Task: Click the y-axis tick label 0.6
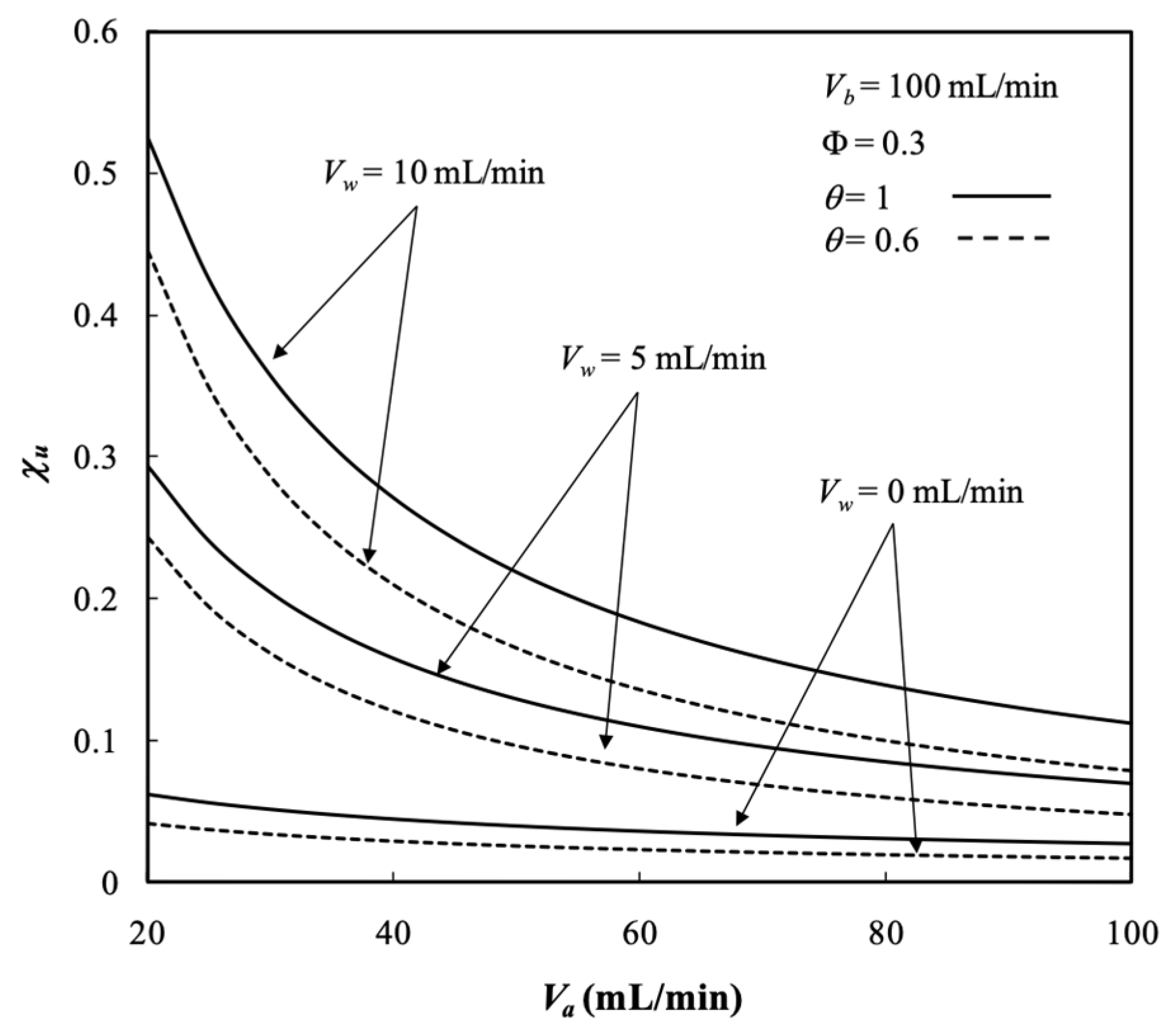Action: coord(96,33)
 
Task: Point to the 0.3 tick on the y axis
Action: coord(96,458)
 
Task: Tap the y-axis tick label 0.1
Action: coord(96,742)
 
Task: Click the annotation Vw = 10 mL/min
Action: coord(434,172)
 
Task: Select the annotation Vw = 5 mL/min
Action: coord(663,359)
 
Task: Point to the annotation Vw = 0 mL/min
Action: coord(920,493)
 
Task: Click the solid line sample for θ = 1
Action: coord(1002,197)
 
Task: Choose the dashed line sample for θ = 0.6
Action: coord(1002,239)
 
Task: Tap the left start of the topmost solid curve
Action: coord(149,139)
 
